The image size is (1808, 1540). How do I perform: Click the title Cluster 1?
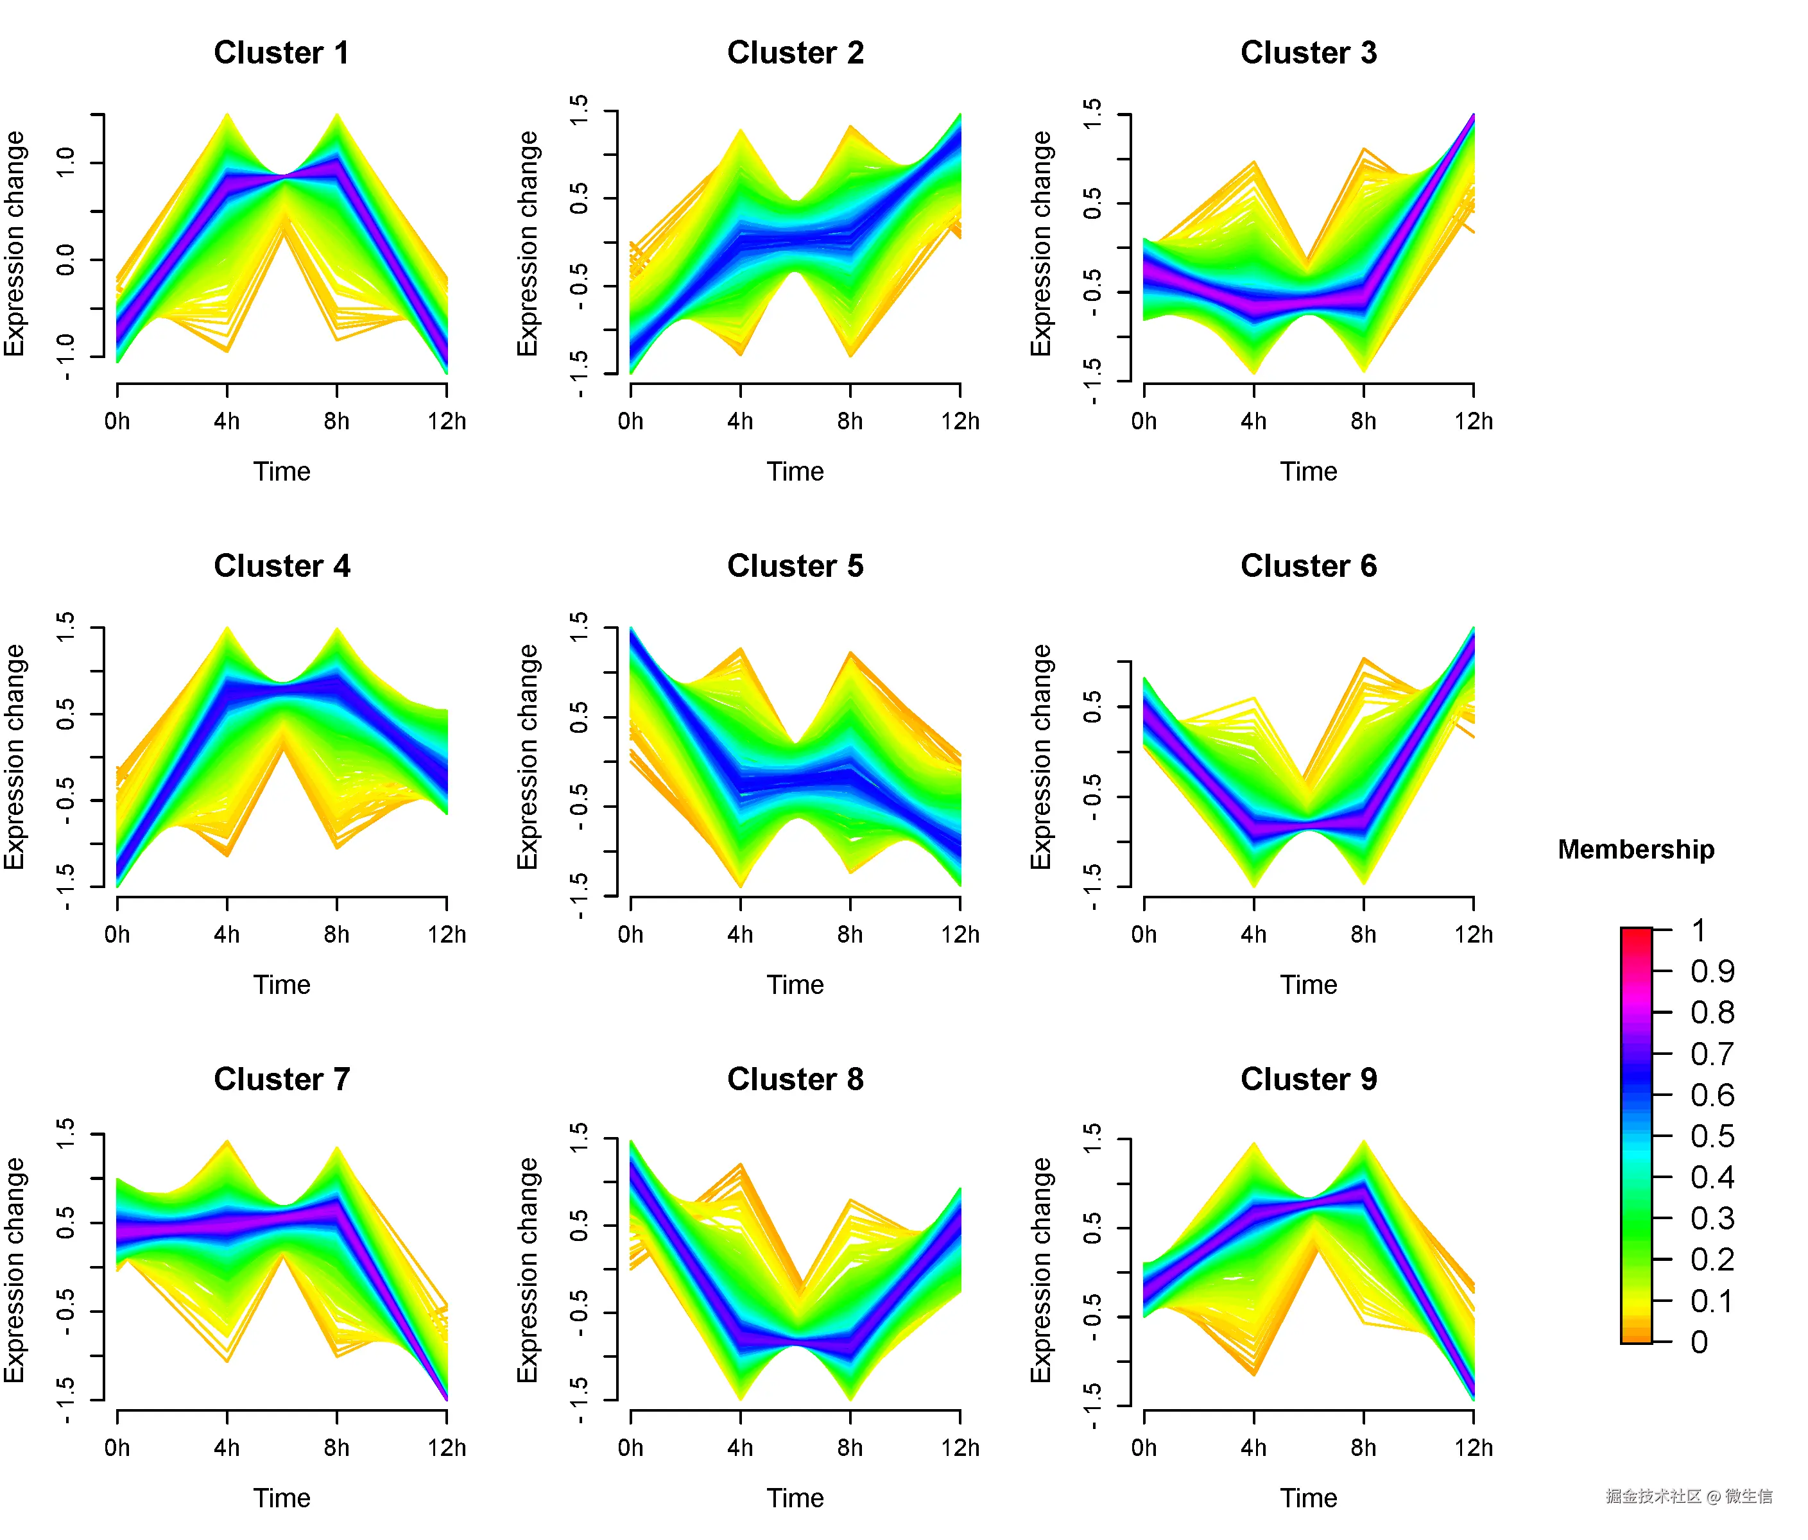click(281, 53)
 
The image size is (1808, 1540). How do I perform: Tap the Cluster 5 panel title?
click(795, 566)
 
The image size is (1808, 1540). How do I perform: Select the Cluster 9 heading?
click(1308, 1079)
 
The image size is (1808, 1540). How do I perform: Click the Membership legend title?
click(1635, 849)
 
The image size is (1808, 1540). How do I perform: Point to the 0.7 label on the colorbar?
click(1711, 1054)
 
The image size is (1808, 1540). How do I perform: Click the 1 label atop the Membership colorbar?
click(1698, 930)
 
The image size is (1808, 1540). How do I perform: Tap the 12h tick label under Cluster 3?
click(1473, 422)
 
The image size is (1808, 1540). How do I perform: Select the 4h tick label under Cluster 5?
click(740, 934)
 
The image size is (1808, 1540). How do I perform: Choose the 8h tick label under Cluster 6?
click(1363, 934)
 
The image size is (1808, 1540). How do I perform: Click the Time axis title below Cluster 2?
click(795, 471)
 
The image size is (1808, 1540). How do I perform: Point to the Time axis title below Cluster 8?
click(795, 1498)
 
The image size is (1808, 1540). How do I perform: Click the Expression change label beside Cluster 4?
click(15, 757)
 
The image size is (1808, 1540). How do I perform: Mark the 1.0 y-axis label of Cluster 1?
click(66, 162)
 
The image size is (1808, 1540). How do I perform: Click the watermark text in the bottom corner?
click(1689, 1496)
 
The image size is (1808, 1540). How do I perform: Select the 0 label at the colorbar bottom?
click(1698, 1342)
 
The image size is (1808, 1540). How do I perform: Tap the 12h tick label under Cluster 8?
click(960, 1448)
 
